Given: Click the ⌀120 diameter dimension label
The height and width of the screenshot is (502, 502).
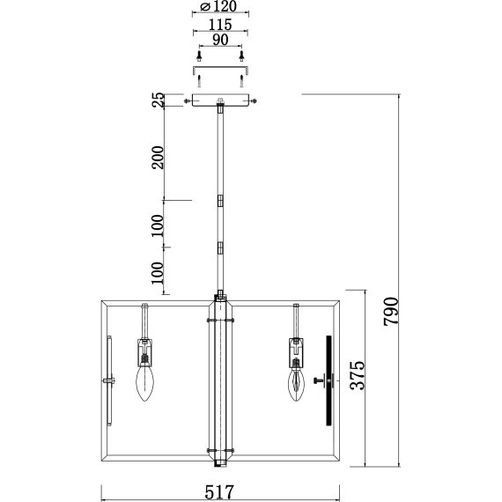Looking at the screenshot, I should coord(219,7).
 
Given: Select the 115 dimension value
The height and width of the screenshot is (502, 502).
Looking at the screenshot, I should coord(220,25).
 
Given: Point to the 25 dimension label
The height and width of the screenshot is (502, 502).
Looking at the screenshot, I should coord(158,102).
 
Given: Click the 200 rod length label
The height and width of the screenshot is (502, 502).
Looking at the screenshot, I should coord(158,157).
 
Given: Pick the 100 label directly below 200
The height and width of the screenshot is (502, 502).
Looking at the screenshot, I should coord(158,225).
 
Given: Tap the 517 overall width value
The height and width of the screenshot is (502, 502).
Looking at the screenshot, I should coord(220,491).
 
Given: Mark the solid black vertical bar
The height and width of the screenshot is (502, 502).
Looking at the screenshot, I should coord(329,380).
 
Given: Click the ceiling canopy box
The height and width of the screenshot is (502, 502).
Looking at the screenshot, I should coord(220,101).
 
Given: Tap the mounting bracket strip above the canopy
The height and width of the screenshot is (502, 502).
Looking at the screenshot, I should coord(220,69).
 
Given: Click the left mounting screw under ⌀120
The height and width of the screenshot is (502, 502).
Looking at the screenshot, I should coord(201,55).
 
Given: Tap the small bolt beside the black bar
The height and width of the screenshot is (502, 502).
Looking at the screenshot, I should coord(317,380).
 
